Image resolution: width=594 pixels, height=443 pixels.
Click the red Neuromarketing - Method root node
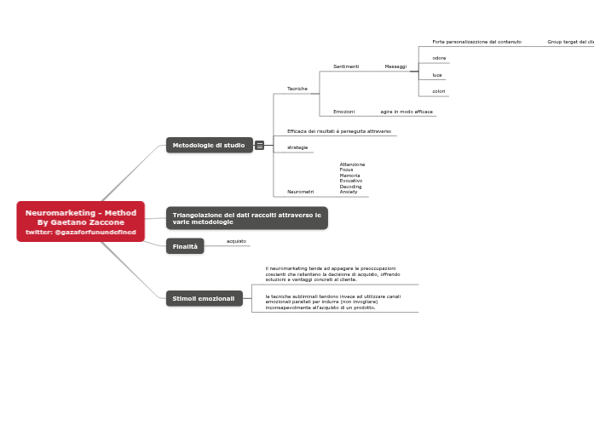80,221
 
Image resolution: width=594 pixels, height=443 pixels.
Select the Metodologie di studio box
209,146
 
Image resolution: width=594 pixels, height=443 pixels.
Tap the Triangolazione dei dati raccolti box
246,218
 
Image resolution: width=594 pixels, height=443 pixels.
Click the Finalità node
185,246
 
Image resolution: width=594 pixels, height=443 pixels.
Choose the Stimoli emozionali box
204,298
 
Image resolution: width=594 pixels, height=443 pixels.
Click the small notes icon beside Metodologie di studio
259,146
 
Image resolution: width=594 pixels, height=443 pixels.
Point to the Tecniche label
297,89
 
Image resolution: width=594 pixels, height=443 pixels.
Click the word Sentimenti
346,66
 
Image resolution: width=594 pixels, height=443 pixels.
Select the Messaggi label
395,66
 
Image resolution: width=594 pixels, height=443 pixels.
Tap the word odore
439,58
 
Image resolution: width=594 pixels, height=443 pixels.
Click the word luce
437,75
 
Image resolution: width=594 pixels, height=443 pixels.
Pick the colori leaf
439,91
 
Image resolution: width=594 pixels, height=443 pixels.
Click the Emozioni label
343,112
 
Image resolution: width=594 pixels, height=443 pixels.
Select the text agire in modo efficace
407,112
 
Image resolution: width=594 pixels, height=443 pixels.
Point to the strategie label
297,147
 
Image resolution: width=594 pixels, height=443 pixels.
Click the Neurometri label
300,192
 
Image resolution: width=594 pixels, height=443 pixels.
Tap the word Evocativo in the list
350,181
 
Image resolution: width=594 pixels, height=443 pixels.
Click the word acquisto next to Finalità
236,241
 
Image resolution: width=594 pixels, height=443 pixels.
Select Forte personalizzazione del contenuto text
476,42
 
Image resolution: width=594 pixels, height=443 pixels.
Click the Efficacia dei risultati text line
339,131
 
